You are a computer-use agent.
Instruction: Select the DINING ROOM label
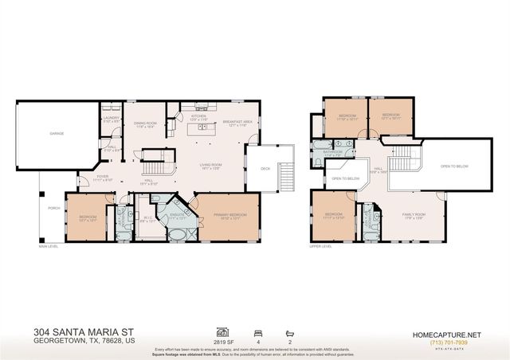145,123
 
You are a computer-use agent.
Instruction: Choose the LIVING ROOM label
210,166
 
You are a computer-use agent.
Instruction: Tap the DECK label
265,168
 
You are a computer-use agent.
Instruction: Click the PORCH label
53,209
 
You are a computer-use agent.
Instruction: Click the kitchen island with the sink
198,130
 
